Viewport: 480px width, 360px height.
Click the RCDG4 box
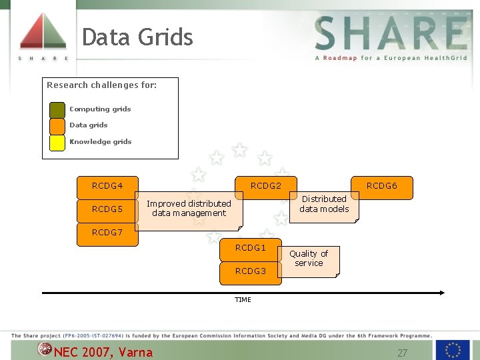click(x=107, y=186)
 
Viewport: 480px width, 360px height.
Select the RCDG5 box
click(x=107, y=209)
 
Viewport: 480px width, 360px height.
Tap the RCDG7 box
click(x=107, y=233)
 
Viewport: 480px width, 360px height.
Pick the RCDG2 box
click(x=265, y=185)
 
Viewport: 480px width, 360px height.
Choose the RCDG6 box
click(x=382, y=185)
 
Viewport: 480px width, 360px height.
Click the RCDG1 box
click(x=250, y=248)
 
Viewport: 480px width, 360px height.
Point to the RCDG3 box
click(x=250, y=271)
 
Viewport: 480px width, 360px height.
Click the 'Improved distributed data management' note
click(x=189, y=209)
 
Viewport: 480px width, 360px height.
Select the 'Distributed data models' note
click(x=324, y=205)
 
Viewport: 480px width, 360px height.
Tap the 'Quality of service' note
click(x=308, y=259)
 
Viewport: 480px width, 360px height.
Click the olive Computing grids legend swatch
click(x=57, y=109)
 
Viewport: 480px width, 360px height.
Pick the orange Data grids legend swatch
click(x=57, y=125)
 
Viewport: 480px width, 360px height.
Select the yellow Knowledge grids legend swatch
click(x=57, y=142)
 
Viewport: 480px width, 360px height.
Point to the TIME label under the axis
click(x=243, y=300)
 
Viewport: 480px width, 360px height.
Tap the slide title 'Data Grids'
click(x=137, y=37)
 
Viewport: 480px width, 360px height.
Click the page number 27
click(x=402, y=353)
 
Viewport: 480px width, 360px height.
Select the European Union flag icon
click(x=453, y=349)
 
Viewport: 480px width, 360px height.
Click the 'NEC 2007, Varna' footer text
click(x=103, y=352)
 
